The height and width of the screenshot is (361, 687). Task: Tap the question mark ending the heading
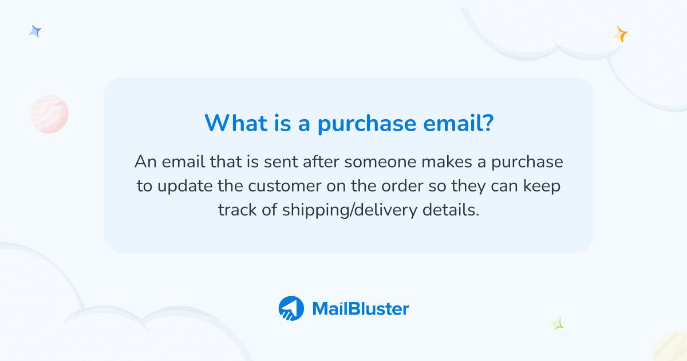pos(485,123)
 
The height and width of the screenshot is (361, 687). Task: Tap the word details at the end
pos(450,210)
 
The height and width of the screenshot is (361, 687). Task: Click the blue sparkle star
pos(35,32)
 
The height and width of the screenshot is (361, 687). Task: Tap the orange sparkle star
pos(619,34)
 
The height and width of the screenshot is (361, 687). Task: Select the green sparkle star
pos(557,324)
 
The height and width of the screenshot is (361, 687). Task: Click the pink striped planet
pos(49,114)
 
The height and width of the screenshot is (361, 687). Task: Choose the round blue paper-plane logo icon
pos(291,308)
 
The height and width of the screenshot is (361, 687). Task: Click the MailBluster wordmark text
pos(360,309)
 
